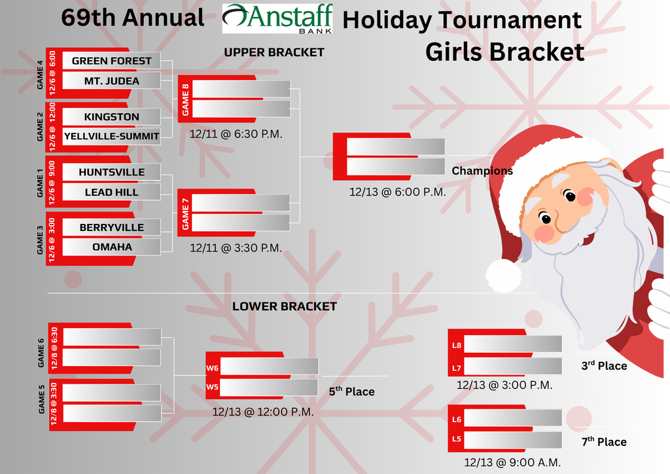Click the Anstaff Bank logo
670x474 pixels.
click(x=277, y=18)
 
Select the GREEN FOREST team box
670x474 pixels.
click(x=111, y=61)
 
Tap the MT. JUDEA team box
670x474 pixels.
click(x=111, y=81)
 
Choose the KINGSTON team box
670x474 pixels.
click(x=111, y=117)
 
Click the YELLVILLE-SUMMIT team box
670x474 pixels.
click(x=111, y=136)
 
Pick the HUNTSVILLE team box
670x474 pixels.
click(x=111, y=172)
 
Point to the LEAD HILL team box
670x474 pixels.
click(x=111, y=192)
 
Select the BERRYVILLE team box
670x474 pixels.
click(x=111, y=227)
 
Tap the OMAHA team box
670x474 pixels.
click(x=111, y=247)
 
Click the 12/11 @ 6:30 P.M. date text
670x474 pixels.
click(x=236, y=134)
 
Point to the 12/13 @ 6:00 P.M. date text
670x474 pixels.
click(x=397, y=192)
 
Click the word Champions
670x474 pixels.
click(x=482, y=171)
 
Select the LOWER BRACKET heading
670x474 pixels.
click(x=284, y=306)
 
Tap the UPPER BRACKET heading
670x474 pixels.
click(x=273, y=52)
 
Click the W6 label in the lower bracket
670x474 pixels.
click(x=212, y=369)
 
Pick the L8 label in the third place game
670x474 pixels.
click(x=457, y=345)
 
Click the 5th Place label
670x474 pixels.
click(x=351, y=392)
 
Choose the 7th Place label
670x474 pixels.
click(x=603, y=442)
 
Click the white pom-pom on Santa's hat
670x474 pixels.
click(x=503, y=275)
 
